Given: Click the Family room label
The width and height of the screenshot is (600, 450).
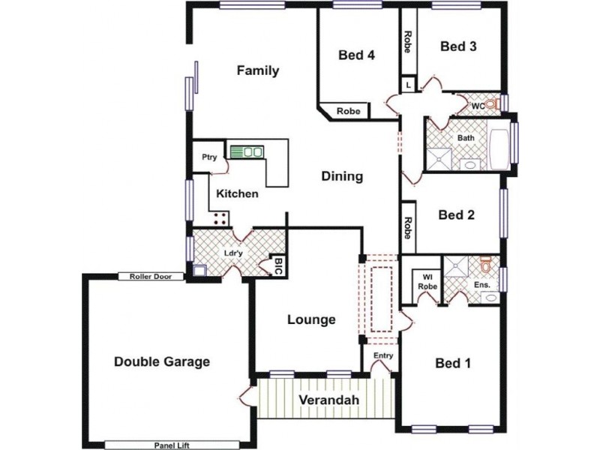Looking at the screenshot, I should click(x=258, y=70).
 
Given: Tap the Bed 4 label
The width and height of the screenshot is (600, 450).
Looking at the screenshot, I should click(x=356, y=54).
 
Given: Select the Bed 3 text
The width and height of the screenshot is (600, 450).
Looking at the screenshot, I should click(x=458, y=46).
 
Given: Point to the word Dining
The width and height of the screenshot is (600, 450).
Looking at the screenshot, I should click(x=342, y=177).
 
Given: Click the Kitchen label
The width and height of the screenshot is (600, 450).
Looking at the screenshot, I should click(x=238, y=193).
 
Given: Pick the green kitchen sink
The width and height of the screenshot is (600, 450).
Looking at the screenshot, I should click(x=246, y=152).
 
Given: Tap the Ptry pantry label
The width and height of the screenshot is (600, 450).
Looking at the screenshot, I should click(x=209, y=157).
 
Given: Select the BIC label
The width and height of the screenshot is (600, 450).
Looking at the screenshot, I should click(x=278, y=265).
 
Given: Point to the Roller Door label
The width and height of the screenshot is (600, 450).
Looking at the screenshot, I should click(x=150, y=277).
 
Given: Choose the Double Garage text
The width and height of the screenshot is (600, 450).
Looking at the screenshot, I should click(x=161, y=361).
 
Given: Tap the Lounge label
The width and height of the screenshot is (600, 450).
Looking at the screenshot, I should click(x=311, y=320).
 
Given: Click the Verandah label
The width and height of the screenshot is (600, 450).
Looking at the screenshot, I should click(x=328, y=400).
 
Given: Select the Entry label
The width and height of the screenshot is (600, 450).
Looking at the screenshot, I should click(x=383, y=355).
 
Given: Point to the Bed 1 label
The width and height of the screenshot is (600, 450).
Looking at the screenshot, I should click(x=453, y=364).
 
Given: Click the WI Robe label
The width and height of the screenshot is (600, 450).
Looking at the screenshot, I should click(x=427, y=281).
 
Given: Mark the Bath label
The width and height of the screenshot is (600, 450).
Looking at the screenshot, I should click(x=466, y=139).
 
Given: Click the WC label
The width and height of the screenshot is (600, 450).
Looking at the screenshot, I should click(x=477, y=106).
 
